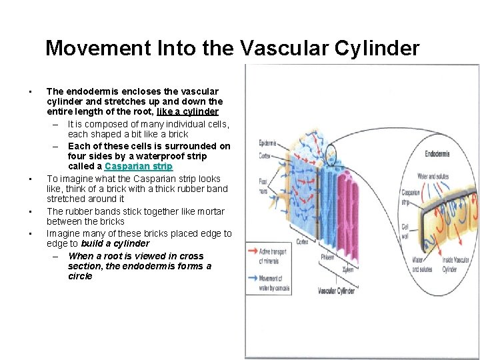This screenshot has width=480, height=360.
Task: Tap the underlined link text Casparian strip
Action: coord(138,167)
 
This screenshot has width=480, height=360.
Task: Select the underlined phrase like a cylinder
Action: coord(187,112)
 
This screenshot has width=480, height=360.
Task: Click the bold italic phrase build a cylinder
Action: coord(115,244)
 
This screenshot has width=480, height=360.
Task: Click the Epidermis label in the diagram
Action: coord(268,142)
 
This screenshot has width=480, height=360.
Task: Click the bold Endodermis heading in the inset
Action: coord(437,154)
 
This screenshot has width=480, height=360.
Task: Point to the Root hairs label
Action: coord(264,185)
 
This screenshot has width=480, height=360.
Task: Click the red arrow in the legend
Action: coord(255,251)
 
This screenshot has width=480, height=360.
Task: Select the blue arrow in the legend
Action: coord(255,275)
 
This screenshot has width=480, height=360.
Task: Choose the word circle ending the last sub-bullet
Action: coord(80,276)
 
